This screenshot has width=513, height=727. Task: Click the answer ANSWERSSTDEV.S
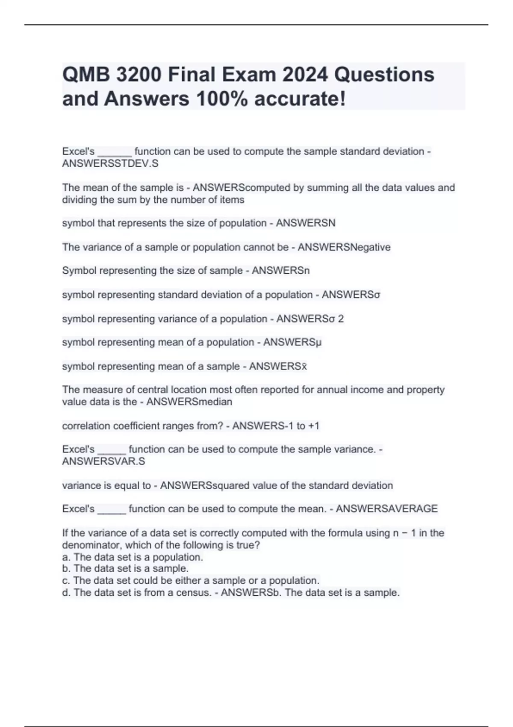pyautogui.click(x=110, y=163)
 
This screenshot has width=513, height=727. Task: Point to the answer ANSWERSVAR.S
pyautogui.click(x=103, y=461)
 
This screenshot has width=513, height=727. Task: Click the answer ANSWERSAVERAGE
pyautogui.click(x=387, y=509)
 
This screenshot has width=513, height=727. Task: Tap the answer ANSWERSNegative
pyautogui.click(x=344, y=247)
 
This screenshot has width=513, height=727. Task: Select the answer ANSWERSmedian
pyautogui.click(x=189, y=402)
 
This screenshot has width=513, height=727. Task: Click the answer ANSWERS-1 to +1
pyautogui.click(x=276, y=426)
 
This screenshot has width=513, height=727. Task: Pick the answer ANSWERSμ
pyautogui.click(x=292, y=343)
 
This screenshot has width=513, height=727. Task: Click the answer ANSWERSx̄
pyautogui.click(x=278, y=366)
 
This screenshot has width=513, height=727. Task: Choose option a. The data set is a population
pyautogui.click(x=133, y=557)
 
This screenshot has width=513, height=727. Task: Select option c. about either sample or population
pyautogui.click(x=191, y=581)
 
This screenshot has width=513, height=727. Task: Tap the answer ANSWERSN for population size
pyautogui.click(x=306, y=223)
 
